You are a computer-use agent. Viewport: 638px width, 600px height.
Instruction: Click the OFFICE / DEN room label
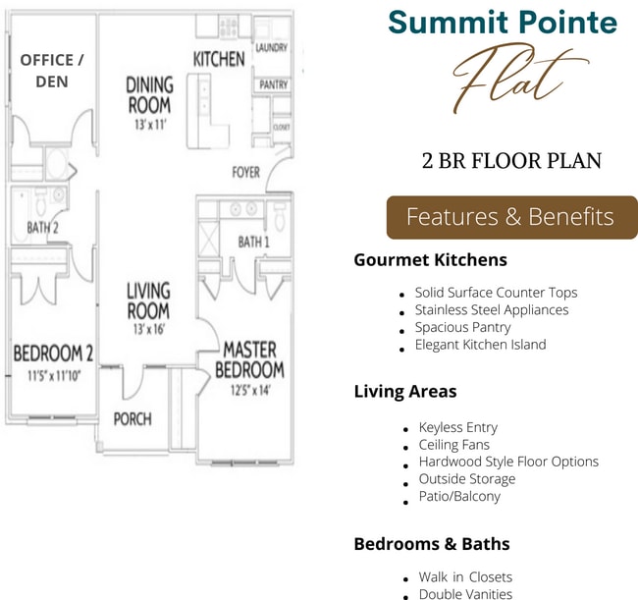52,71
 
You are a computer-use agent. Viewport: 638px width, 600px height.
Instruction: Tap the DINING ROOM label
149,95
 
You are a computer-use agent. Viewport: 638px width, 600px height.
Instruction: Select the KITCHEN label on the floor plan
219,59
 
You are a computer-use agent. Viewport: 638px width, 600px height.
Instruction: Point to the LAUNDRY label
271,47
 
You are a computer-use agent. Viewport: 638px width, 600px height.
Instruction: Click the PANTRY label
272,85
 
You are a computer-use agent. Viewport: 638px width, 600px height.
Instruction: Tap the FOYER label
245,173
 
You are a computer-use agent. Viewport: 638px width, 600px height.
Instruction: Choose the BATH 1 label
253,242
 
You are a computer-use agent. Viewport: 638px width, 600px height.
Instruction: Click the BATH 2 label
43,229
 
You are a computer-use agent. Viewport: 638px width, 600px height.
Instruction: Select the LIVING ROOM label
148,300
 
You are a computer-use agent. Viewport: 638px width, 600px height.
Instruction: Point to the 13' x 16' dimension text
148,330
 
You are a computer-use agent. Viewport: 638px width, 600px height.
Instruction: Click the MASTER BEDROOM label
249,359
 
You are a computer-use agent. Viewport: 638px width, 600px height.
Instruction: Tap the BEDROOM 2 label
53,354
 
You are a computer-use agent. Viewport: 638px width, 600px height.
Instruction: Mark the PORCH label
133,419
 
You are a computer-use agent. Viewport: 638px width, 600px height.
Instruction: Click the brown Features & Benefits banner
510,217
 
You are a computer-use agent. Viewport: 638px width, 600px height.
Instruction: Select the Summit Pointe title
503,22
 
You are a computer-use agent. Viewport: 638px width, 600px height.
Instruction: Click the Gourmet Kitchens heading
430,260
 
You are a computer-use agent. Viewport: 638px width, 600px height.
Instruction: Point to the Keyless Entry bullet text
457,427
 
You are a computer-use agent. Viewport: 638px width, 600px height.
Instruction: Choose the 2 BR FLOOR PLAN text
510,161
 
